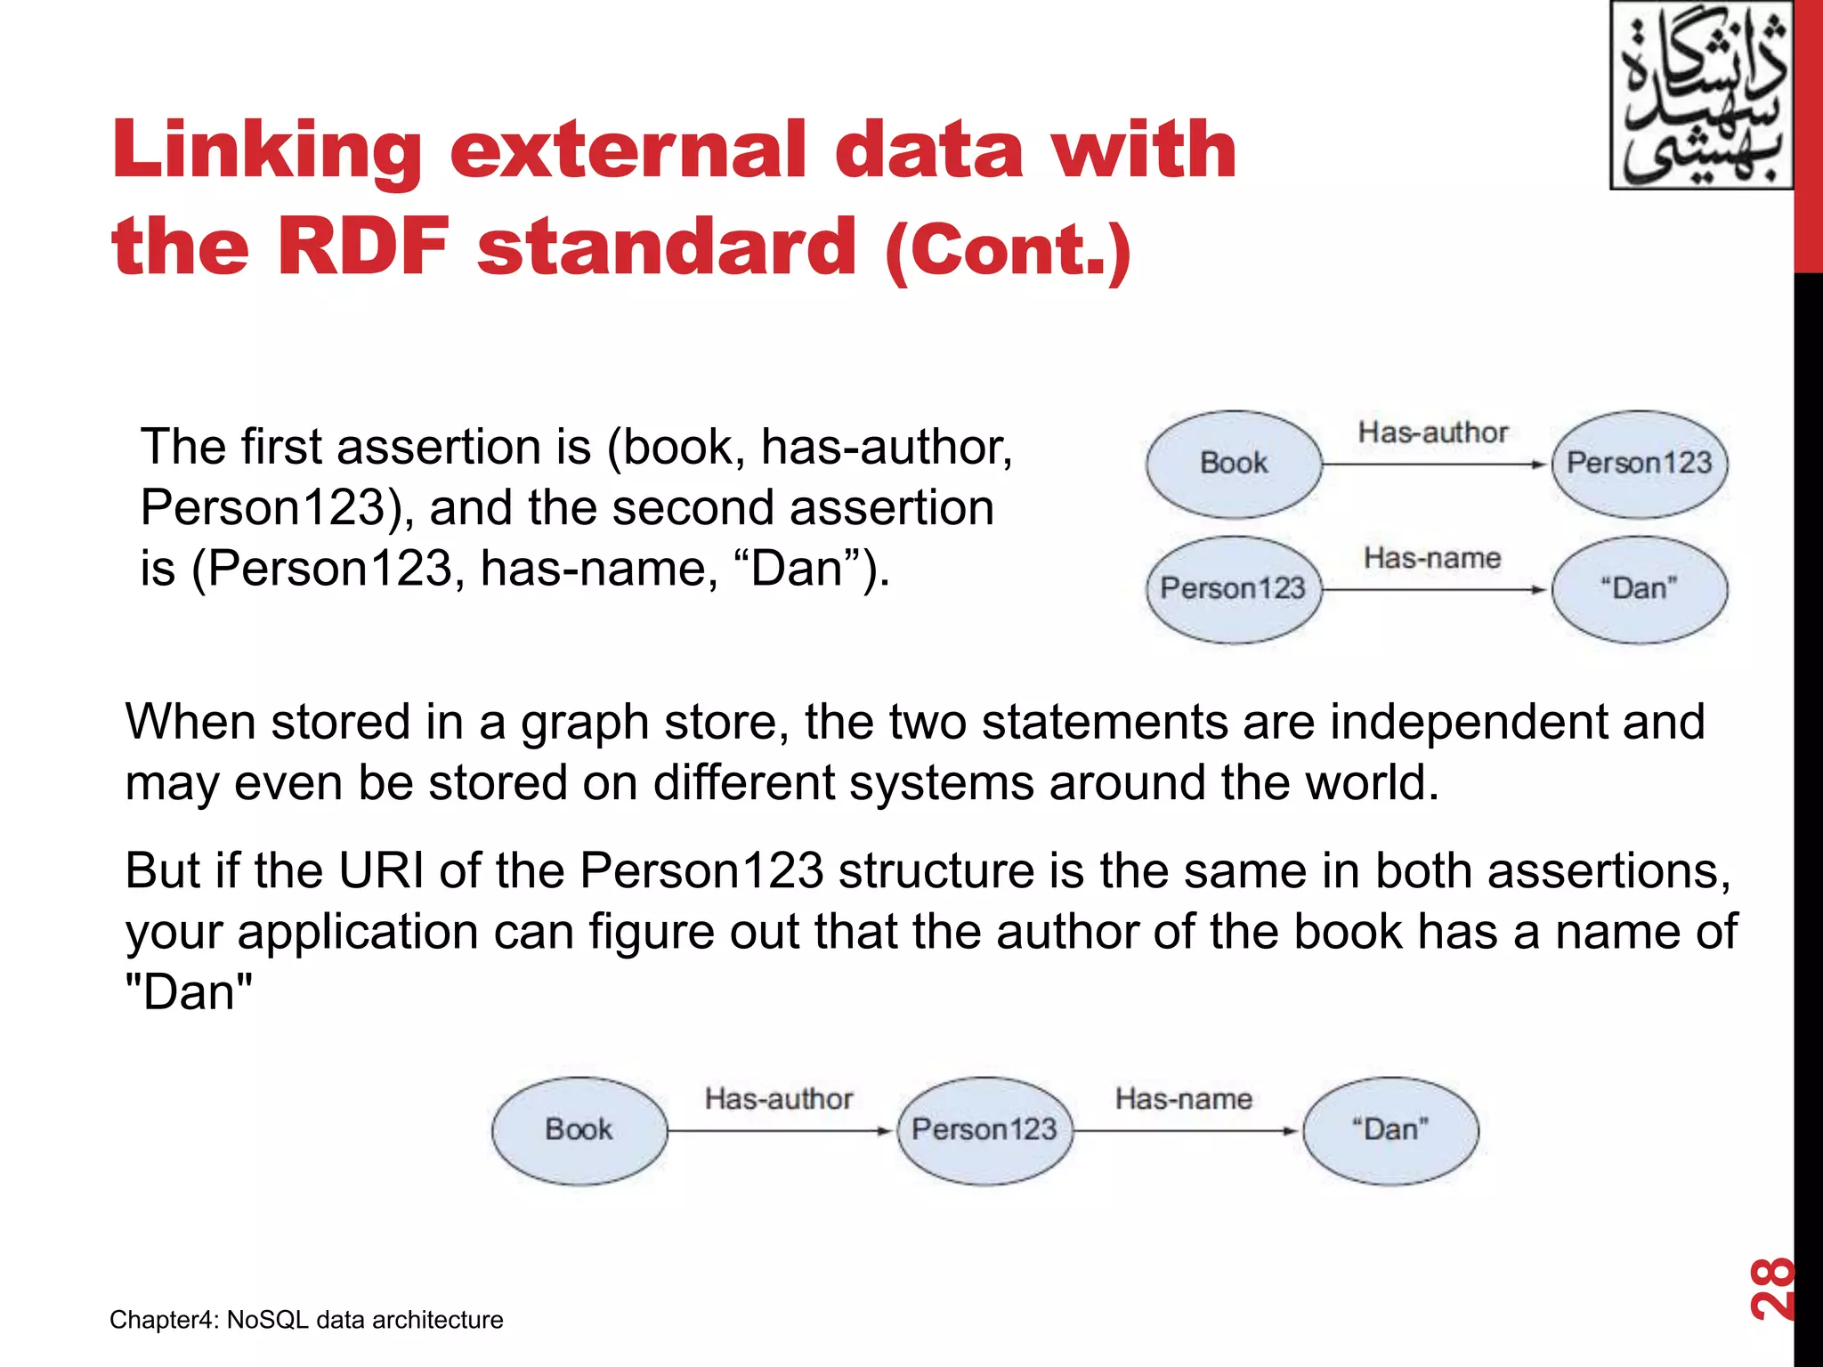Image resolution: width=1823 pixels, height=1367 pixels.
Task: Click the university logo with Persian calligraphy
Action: [x=1701, y=95]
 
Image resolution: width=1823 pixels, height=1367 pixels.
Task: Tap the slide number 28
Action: [x=1770, y=1288]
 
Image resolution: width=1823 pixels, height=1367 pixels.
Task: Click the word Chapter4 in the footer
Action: [x=161, y=1320]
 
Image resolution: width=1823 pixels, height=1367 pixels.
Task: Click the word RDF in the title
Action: [x=363, y=247]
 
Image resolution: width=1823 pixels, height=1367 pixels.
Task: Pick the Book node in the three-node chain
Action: [x=579, y=1130]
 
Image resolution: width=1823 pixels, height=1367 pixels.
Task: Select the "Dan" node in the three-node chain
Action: [x=1390, y=1130]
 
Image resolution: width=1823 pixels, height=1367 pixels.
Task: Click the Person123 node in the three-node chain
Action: [x=984, y=1130]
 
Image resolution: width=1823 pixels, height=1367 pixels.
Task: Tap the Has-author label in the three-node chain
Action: [x=779, y=1099]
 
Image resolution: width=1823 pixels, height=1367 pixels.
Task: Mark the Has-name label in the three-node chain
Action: [x=1184, y=1099]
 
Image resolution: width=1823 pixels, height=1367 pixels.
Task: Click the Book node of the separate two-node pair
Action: [x=1234, y=464]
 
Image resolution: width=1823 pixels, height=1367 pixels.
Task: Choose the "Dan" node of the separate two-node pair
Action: [x=1639, y=589]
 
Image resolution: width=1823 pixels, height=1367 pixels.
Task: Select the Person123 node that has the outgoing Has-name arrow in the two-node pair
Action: [x=1233, y=589]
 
